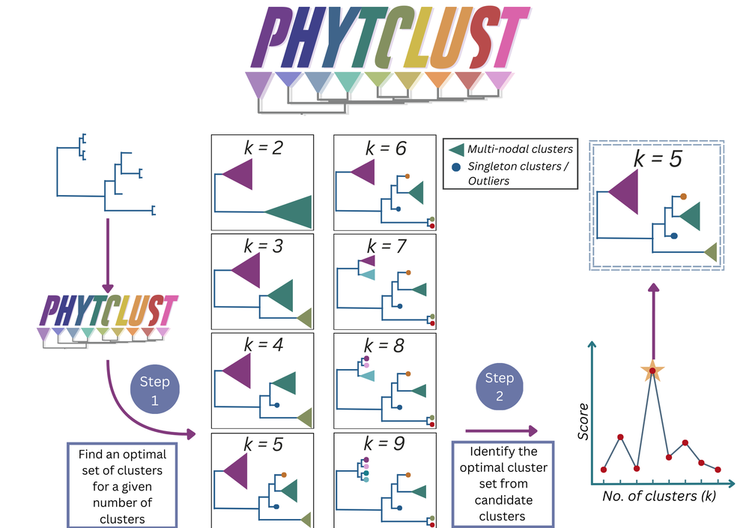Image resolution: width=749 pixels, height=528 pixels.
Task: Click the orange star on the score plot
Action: [652, 370]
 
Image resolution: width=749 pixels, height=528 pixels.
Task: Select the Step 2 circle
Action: [500, 386]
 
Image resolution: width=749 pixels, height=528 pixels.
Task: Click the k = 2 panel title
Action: [263, 148]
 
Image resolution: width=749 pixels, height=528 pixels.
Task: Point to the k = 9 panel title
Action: [384, 443]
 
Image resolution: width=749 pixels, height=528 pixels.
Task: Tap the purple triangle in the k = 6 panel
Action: [363, 172]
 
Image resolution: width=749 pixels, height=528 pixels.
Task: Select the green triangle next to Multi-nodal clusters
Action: [456, 149]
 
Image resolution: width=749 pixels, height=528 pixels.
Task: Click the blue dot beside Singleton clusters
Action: [456, 167]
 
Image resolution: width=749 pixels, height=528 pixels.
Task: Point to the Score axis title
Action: [583, 421]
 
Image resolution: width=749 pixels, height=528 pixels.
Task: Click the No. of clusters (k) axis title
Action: [659, 496]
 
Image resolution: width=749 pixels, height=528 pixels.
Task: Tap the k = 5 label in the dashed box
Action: [658, 159]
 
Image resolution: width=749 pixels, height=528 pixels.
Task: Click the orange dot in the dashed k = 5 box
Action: [684, 196]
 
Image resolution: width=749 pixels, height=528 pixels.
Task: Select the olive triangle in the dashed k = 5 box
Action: [712, 252]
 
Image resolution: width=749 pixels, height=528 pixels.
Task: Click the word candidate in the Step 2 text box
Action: [503, 500]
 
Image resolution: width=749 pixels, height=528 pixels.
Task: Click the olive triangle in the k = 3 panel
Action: [305, 318]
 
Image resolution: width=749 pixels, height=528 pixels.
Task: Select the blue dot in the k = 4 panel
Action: [276, 406]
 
